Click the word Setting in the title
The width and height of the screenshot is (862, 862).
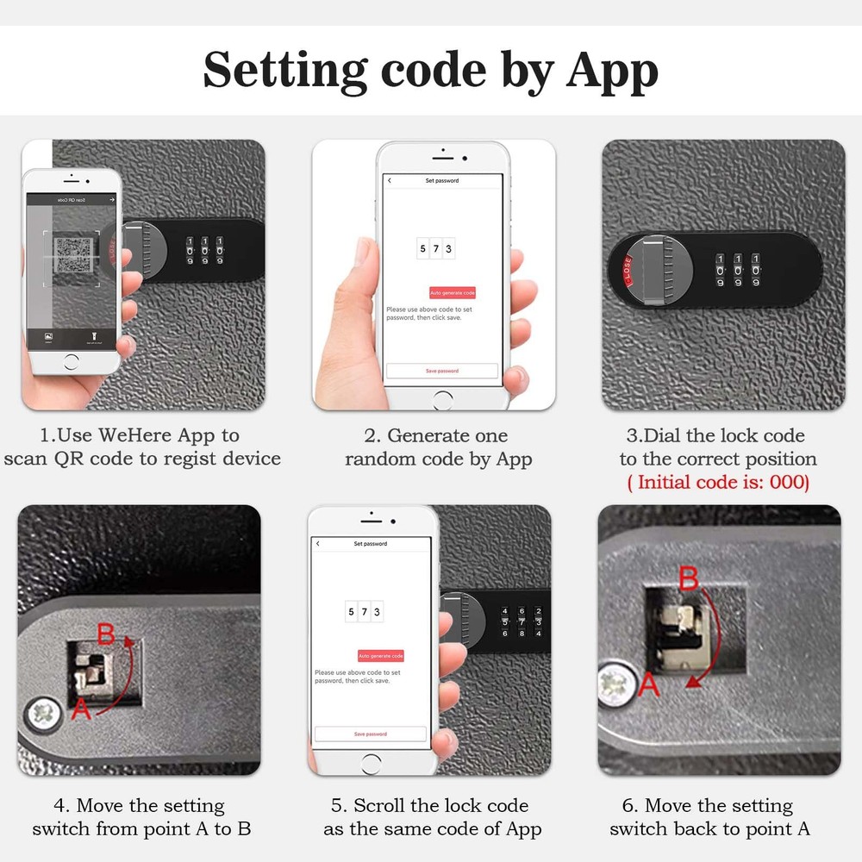tap(285, 71)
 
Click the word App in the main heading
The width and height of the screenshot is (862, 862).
tap(612, 71)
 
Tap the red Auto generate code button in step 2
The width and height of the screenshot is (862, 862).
tap(453, 293)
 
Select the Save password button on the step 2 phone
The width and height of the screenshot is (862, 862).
tap(441, 371)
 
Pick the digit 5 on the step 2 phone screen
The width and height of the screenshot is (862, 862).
tap(422, 249)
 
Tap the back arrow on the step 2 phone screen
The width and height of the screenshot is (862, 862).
tap(390, 181)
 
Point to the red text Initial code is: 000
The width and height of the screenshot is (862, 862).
tap(717, 482)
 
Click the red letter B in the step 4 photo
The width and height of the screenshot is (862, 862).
tap(105, 635)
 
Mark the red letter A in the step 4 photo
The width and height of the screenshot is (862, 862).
tap(80, 709)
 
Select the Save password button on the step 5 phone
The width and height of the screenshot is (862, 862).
tap(370, 734)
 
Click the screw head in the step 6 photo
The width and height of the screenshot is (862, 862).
tap(617, 687)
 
